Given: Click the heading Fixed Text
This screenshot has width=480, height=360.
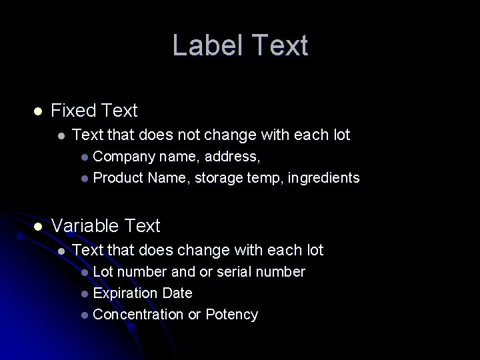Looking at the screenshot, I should [x=94, y=111].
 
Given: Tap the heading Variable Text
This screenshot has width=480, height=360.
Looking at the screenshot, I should [x=105, y=226].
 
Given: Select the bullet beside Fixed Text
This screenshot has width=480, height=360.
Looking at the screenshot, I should [x=38, y=111].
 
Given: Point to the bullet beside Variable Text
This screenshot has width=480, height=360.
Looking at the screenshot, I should [x=38, y=227].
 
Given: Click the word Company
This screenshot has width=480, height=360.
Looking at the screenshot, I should [x=124, y=156].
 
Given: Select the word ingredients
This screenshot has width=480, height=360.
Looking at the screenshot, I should [x=323, y=178].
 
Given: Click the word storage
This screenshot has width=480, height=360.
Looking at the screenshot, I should [x=217, y=178].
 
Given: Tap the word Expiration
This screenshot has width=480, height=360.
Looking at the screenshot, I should [x=125, y=293].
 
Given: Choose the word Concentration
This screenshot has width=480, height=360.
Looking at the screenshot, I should [x=138, y=315].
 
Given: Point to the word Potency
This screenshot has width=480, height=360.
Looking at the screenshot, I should [x=231, y=315].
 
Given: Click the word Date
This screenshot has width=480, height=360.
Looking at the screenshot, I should [x=177, y=293].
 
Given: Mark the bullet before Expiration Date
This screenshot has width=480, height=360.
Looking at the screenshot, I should [x=84, y=294].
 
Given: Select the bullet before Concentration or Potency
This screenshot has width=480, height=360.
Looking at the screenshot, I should [x=84, y=315].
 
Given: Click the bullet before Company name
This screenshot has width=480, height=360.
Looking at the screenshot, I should [x=84, y=157].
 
